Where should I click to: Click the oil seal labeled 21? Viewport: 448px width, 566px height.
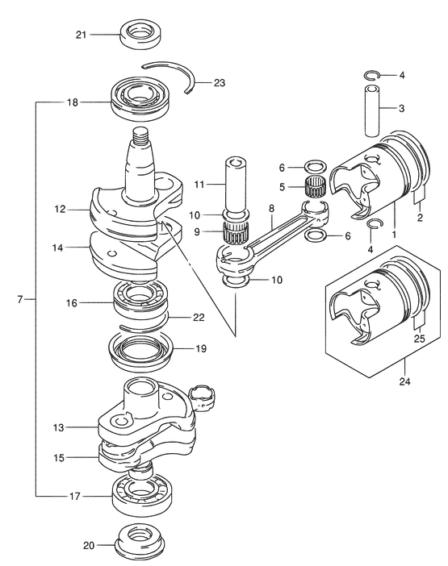click(x=140, y=34)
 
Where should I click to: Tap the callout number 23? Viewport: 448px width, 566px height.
click(x=219, y=83)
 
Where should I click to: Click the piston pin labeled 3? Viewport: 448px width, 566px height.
click(x=371, y=110)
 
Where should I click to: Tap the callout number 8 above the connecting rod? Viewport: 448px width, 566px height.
click(x=271, y=208)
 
